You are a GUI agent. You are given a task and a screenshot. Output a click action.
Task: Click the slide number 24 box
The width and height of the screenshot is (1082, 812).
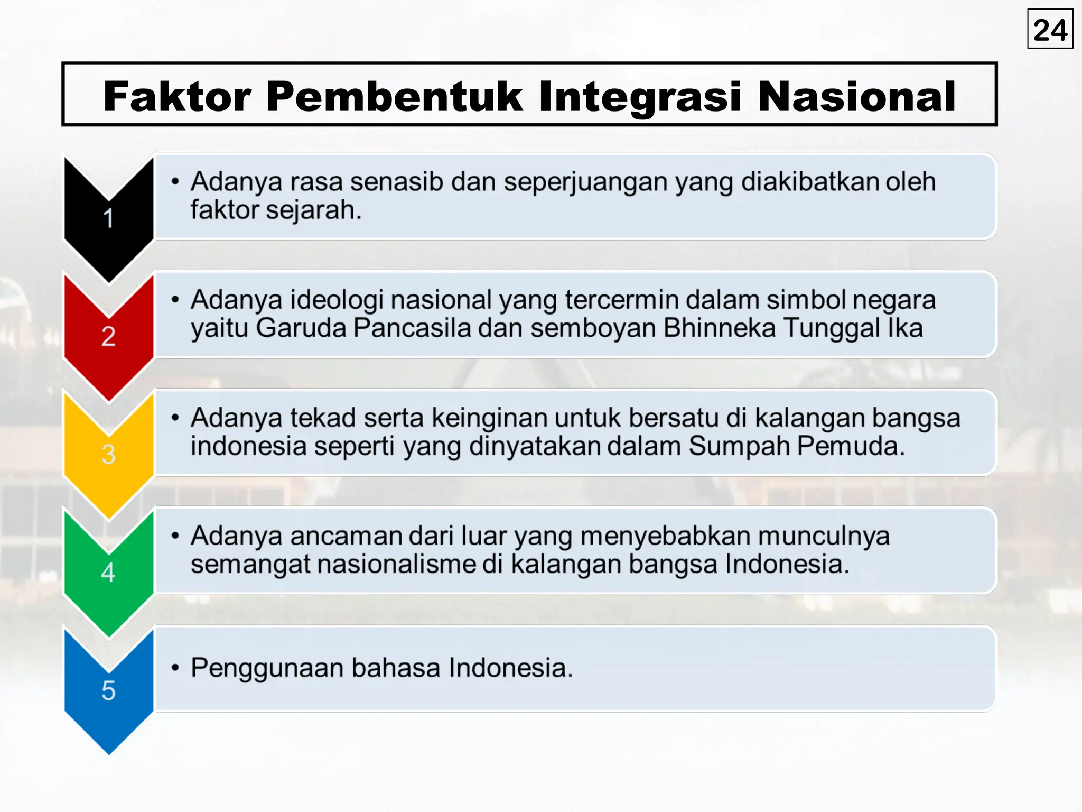[1050, 29]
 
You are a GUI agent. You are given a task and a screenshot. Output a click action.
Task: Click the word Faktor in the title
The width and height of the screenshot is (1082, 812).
[177, 96]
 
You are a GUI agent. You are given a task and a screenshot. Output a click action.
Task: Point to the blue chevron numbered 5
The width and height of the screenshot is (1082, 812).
[108, 690]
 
